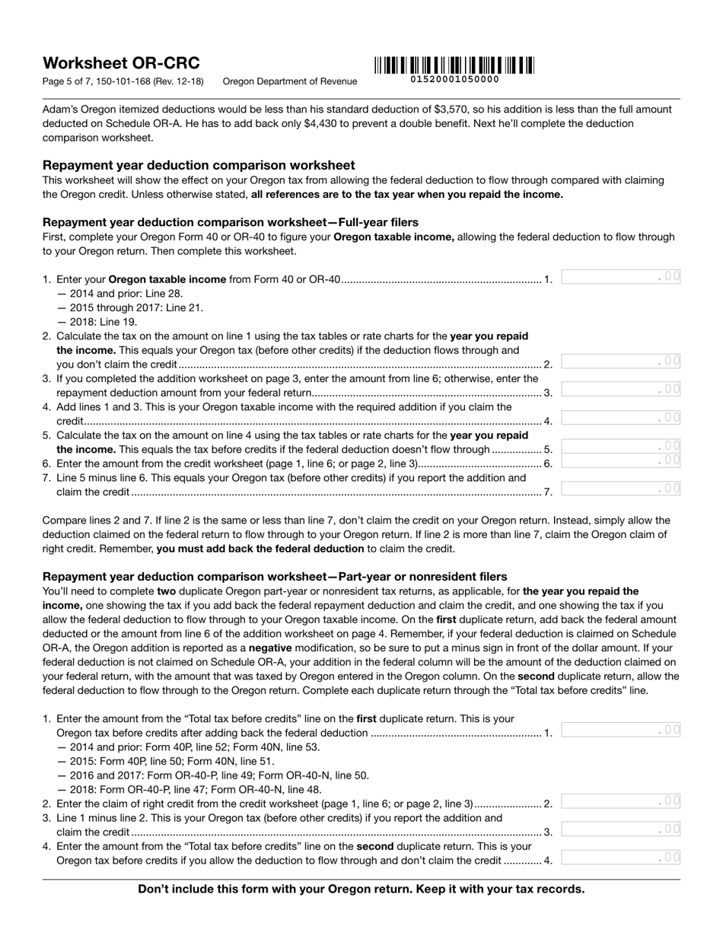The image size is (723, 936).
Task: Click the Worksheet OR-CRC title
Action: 121,63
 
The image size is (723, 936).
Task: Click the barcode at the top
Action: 454,65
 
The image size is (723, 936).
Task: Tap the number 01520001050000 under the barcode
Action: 454,79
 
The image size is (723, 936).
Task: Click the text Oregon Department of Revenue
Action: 289,81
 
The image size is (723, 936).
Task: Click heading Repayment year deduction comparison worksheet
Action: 199,165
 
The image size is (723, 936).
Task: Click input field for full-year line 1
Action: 620,277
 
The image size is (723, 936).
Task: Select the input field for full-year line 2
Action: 620,361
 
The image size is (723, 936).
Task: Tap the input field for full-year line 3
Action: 620,389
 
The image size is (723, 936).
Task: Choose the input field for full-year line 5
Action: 620,445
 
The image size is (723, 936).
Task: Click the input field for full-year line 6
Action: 620,460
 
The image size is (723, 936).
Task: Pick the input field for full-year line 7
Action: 620,488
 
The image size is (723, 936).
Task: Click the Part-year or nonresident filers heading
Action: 275,577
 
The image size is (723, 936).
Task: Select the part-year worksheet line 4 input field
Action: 620,857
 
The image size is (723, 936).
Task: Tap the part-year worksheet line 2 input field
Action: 620,801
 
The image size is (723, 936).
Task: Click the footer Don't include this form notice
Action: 361,889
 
